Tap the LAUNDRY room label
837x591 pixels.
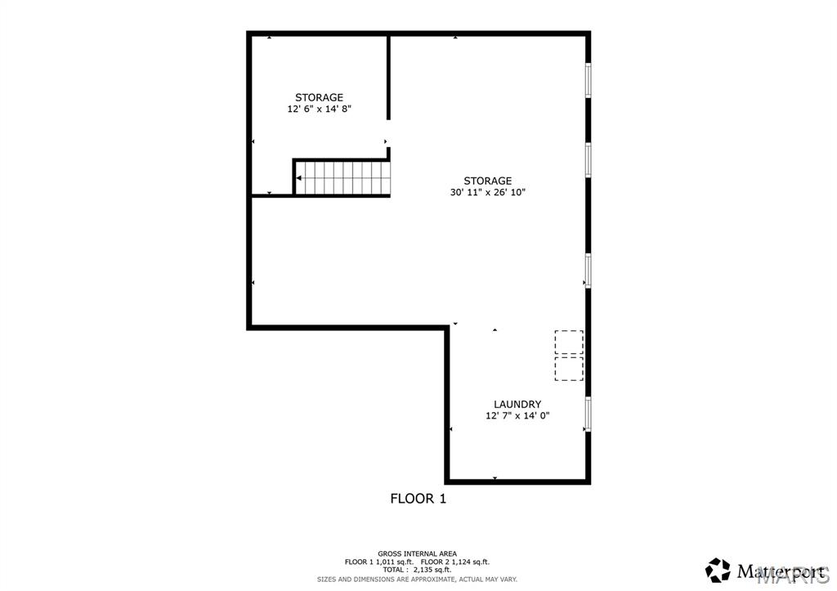(517, 404)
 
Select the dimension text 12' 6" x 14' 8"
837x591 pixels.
(319, 109)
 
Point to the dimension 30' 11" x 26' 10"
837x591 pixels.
(487, 193)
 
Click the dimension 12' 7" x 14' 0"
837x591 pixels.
(517, 415)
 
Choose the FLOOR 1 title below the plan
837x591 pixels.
(418, 498)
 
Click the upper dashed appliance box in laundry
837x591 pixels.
(569, 342)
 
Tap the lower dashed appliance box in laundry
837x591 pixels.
(569, 368)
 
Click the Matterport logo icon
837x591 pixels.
(718, 569)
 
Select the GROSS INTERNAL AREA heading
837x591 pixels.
(417, 553)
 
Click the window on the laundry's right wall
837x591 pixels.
(588, 414)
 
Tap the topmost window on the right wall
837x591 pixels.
(588, 80)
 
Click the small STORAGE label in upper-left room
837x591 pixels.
(319, 97)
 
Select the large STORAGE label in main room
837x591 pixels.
(487, 181)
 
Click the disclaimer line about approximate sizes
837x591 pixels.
(417, 579)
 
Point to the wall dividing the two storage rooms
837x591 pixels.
(388, 78)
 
